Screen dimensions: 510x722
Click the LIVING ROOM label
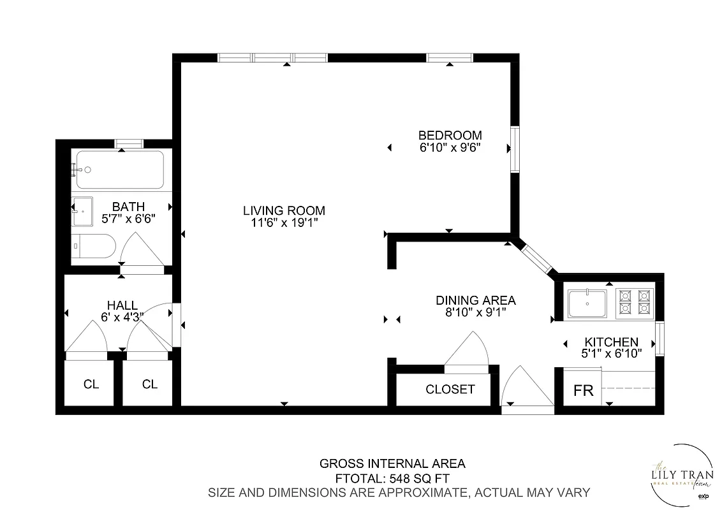coord(284,210)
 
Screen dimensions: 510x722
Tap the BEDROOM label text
coord(450,135)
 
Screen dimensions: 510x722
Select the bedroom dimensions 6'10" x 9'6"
coord(450,147)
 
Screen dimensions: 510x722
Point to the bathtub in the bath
coord(120,170)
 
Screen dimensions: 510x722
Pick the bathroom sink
coord(82,211)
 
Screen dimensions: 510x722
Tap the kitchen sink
coord(587,303)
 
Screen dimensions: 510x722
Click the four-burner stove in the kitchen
coord(635,302)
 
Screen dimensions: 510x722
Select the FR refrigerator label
coord(584,391)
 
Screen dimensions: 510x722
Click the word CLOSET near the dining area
coord(450,389)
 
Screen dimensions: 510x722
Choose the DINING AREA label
coord(475,300)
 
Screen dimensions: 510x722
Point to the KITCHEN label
coord(611,342)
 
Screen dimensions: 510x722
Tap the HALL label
coord(122,306)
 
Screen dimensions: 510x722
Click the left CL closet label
coord(91,384)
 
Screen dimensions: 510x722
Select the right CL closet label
coord(150,384)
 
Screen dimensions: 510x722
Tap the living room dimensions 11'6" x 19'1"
coord(284,222)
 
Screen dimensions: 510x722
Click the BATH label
coord(128,207)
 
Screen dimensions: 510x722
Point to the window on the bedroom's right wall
coord(515,149)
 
